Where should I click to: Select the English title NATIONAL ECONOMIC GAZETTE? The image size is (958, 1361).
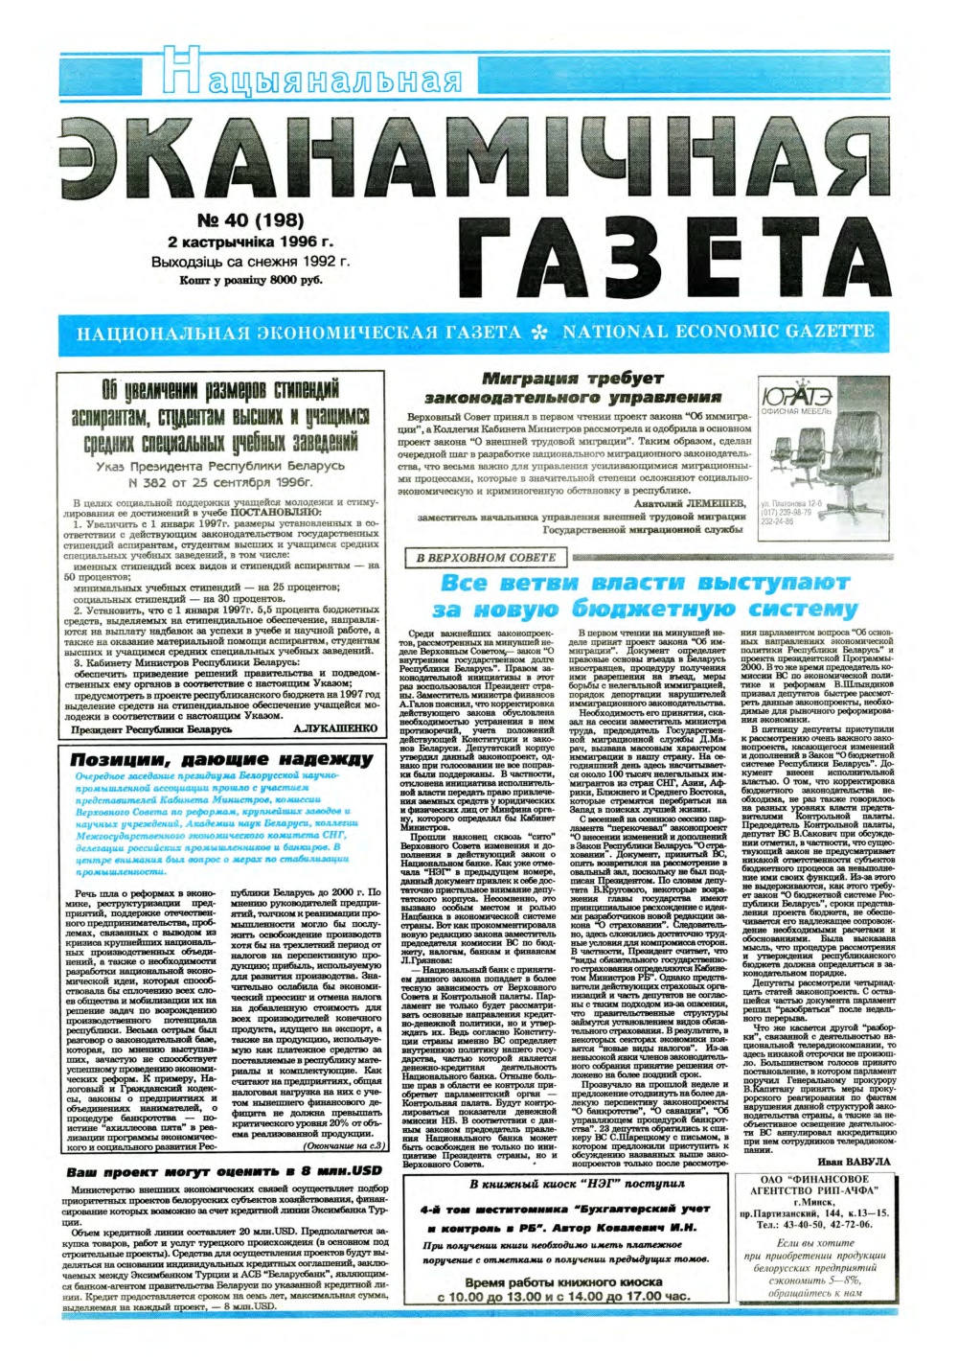(718, 332)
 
